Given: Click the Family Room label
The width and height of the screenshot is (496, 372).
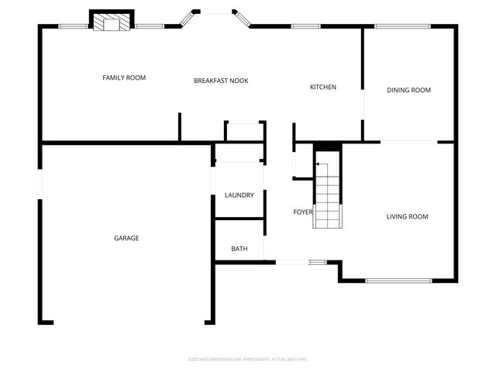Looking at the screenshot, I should (x=124, y=77).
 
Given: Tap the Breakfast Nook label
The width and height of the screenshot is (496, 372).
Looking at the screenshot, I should (x=221, y=81).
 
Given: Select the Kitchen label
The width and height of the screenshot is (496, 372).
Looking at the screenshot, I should (x=323, y=87).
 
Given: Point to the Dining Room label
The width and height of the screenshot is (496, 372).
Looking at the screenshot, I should (x=408, y=90).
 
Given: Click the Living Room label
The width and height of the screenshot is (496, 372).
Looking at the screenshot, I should (x=407, y=216).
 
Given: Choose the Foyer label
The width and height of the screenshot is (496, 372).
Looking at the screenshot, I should (x=302, y=212).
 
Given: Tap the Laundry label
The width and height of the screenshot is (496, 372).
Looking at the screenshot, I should (x=239, y=195).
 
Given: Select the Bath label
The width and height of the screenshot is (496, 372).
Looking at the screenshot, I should (x=239, y=249).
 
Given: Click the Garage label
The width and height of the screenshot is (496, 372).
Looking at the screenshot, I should (x=126, y=238).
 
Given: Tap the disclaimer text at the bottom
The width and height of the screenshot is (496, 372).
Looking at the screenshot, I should (x=248, y=359).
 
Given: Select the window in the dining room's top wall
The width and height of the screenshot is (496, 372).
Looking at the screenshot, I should (x=403, y=26).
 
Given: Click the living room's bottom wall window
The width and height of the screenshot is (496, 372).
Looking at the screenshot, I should (x=398, y=281).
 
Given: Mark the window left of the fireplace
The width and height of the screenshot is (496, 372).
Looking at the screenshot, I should (x=74, y=26).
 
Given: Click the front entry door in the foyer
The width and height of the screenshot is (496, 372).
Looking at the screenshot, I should (x=293, y=263).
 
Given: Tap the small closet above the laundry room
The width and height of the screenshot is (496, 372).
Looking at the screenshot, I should (x=245, y=132).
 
